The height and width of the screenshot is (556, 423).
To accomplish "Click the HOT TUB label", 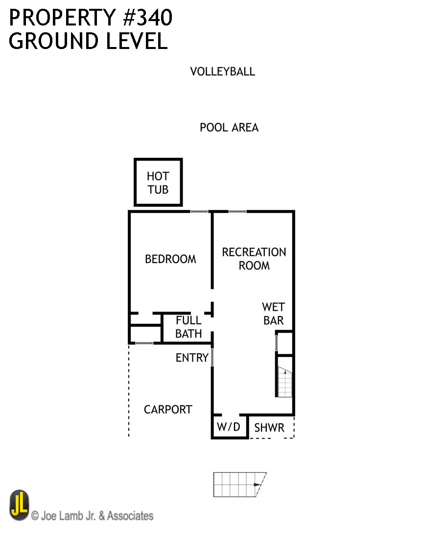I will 158,183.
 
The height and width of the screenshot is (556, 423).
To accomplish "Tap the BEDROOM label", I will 170,259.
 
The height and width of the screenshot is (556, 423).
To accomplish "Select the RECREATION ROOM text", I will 254,259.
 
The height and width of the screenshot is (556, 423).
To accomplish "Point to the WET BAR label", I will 273,314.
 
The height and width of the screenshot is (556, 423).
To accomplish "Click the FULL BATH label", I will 188,327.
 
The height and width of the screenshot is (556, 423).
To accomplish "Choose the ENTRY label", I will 192,358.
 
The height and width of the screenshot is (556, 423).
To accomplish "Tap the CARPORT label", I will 168,410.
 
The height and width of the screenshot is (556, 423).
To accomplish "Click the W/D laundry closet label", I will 229,427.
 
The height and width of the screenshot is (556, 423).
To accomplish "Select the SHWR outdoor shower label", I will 269,428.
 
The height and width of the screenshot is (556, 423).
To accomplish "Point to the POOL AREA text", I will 229,128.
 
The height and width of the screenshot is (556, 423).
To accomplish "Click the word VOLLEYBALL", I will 223,72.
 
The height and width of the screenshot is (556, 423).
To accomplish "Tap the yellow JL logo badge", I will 19,506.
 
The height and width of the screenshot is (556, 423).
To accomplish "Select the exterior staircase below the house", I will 239,484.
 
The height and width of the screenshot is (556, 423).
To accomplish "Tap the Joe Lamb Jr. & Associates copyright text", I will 92,516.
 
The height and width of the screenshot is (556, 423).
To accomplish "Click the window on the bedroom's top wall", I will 199,212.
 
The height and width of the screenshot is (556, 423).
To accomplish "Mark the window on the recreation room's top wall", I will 237,212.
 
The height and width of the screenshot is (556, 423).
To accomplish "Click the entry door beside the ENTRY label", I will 212,357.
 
